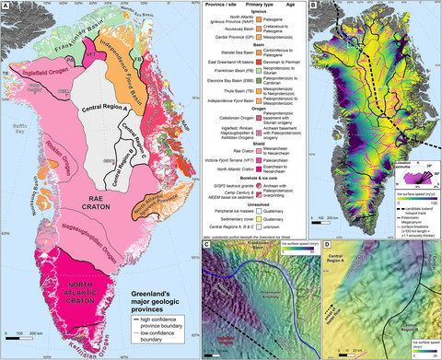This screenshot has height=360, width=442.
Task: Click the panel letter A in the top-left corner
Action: [6, 7]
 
